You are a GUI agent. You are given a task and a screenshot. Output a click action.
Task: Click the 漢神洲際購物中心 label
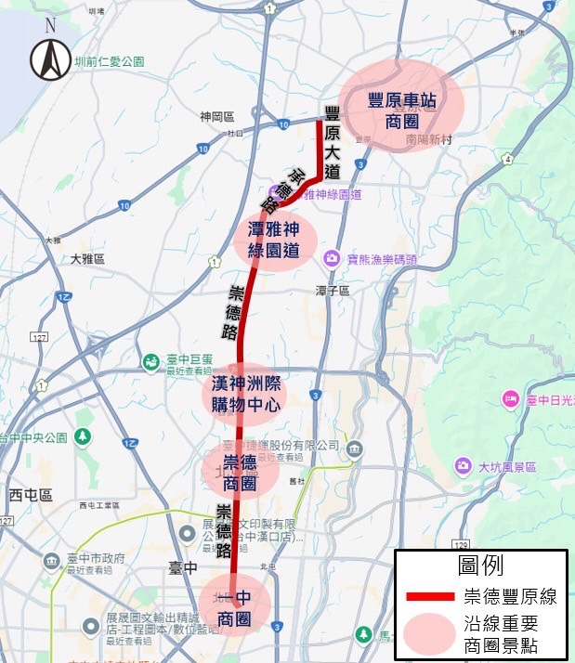click(246, 393)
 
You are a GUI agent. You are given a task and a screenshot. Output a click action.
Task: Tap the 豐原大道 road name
click(332, 142)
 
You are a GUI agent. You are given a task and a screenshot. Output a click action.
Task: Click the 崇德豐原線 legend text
click(508, 596)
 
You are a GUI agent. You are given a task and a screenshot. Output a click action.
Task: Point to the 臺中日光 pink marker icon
click(510, 400)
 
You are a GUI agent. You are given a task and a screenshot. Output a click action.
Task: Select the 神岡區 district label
click(215, 117)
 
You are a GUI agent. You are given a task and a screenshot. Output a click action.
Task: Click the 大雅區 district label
click(87, 259)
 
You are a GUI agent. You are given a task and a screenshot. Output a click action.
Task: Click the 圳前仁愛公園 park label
click(111, 61)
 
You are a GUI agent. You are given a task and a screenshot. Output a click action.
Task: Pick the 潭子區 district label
click(331, 291)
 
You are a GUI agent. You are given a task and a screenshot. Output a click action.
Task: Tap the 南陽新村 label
click(428, 140)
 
